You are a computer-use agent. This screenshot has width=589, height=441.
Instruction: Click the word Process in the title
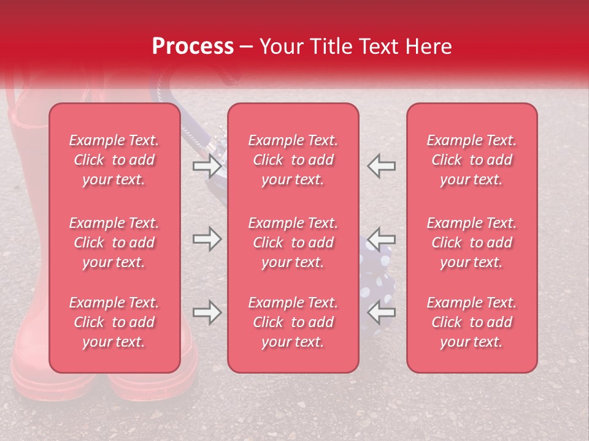click(193, 47)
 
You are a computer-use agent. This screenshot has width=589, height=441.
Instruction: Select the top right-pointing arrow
click(207, 166)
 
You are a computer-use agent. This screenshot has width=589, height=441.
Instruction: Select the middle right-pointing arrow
click(207, 239)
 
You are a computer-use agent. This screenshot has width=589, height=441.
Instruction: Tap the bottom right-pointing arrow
click(207, 313)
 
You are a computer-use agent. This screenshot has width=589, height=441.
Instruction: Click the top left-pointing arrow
click(382, 166)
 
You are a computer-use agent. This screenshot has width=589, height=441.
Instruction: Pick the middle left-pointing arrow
click(382, 238)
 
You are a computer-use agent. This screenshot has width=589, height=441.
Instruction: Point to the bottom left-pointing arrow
click(382, 313)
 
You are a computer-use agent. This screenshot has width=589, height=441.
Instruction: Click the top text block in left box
click(114, 160)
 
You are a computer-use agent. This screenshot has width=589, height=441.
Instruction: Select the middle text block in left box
click(114, 243)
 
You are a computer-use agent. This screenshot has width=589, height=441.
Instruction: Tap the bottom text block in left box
click(114, 322)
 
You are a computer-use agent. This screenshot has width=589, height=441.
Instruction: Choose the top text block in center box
click(293, 160)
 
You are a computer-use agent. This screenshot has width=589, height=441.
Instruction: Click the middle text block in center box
click(293, 243)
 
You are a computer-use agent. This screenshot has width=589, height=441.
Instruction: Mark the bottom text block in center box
click(293, 322)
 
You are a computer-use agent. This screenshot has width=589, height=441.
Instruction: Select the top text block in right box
click(472, 160)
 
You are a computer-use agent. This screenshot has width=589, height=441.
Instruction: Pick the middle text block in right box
click(472, 243)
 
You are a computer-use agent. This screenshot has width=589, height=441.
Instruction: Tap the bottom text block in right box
click(472, 322)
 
